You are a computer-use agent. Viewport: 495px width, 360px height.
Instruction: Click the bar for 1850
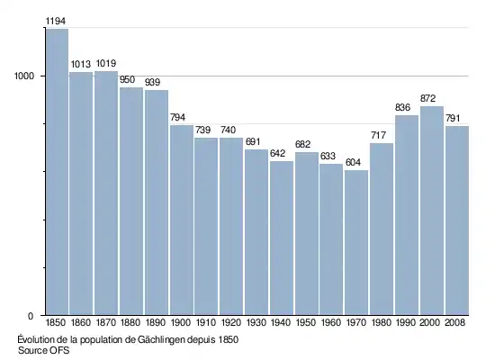click(x=57, y=172)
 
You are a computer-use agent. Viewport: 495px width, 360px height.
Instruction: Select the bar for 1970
click(x=356, y=242)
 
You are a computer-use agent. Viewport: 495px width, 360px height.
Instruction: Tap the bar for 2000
click(x=432, y=211)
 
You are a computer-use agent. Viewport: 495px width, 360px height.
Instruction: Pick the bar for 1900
click(x=182, y=220)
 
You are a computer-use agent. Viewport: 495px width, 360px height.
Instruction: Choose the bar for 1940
click(x=282, y=238)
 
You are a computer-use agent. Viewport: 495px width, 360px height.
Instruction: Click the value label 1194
click(x=56, y=22)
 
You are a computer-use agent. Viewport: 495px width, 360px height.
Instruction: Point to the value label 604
click(x=353, y=162)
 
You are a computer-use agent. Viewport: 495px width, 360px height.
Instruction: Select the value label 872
click(x=427, y=98)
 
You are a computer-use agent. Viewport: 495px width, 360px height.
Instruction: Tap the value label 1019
click(x=106, y=64)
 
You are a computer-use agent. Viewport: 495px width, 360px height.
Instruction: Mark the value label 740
click(x=228, y=130)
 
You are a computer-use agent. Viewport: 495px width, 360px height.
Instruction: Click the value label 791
click(x=453, y=119)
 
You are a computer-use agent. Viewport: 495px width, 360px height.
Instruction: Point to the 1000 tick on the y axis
click(x=24, y=76)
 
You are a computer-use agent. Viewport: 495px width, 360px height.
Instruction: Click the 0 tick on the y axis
click(x=31, y=316)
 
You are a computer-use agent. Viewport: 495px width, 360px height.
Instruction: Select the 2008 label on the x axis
click(x=454, y=322)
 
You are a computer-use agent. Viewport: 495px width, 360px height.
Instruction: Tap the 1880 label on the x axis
click(x=130, y=322)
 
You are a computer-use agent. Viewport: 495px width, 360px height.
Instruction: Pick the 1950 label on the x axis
click(x=306, y=322)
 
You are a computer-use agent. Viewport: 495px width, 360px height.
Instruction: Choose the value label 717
click(x=379, y=136)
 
